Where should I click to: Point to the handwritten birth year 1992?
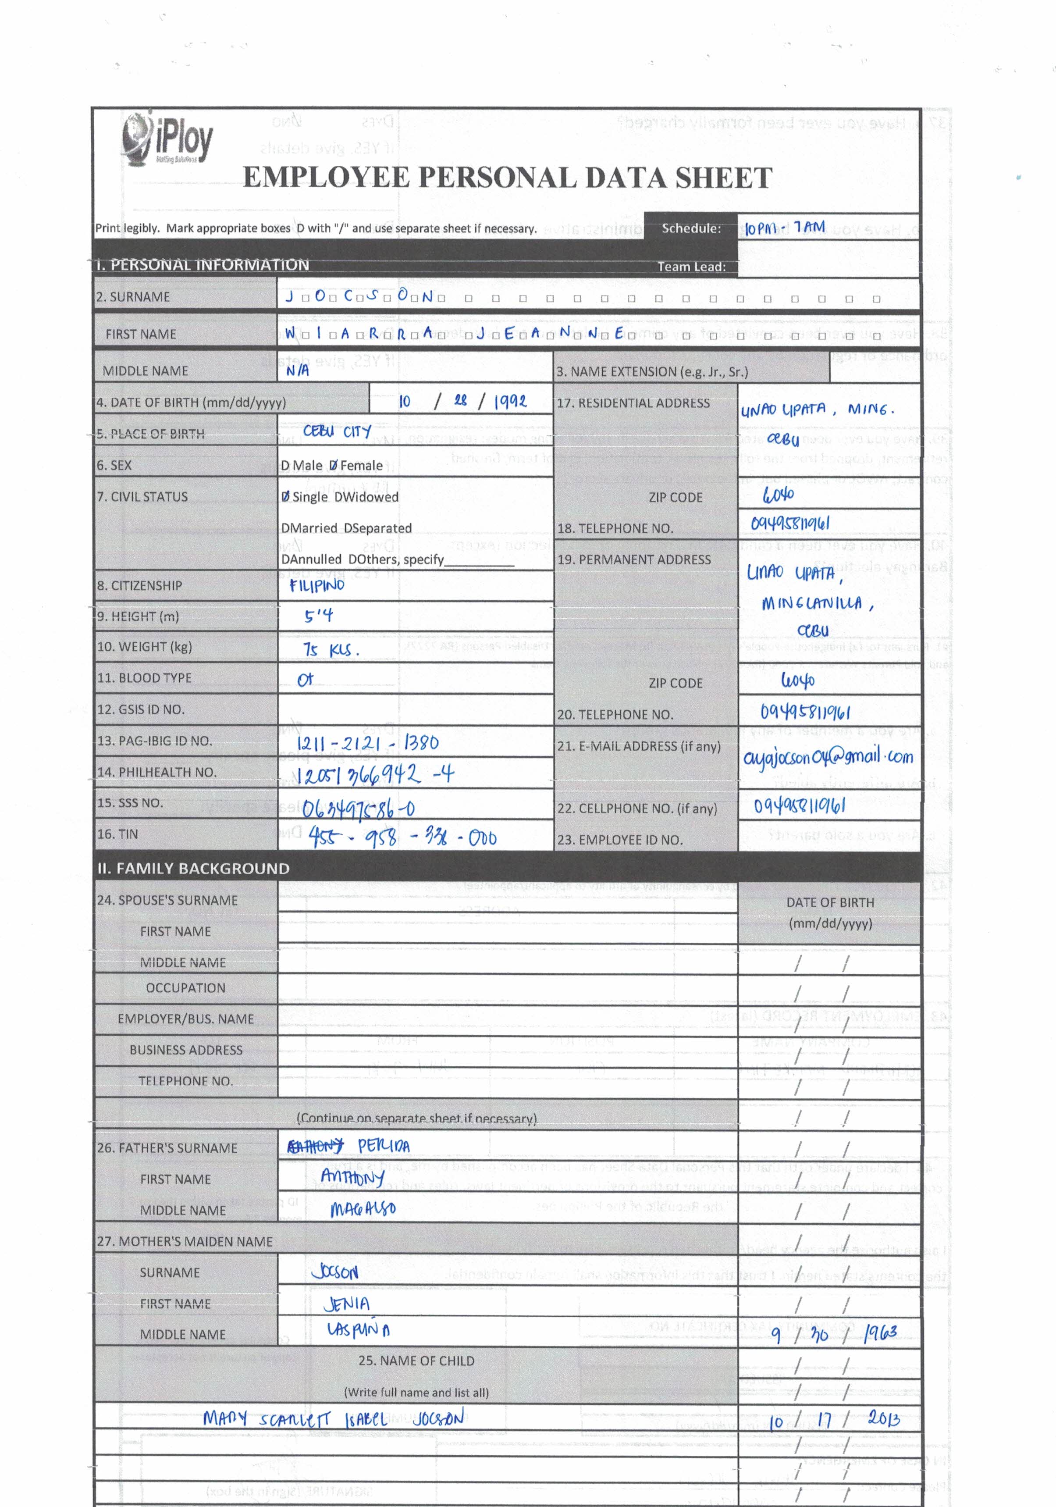[x=510, y=402]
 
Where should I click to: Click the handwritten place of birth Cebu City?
[x=338, y=431]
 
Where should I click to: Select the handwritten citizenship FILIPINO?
[x=317, y=585]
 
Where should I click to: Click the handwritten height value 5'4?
[x=318, y=616]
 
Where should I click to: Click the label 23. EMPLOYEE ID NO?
[x=619, y=840]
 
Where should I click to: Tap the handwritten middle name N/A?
[x=297, y=370]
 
